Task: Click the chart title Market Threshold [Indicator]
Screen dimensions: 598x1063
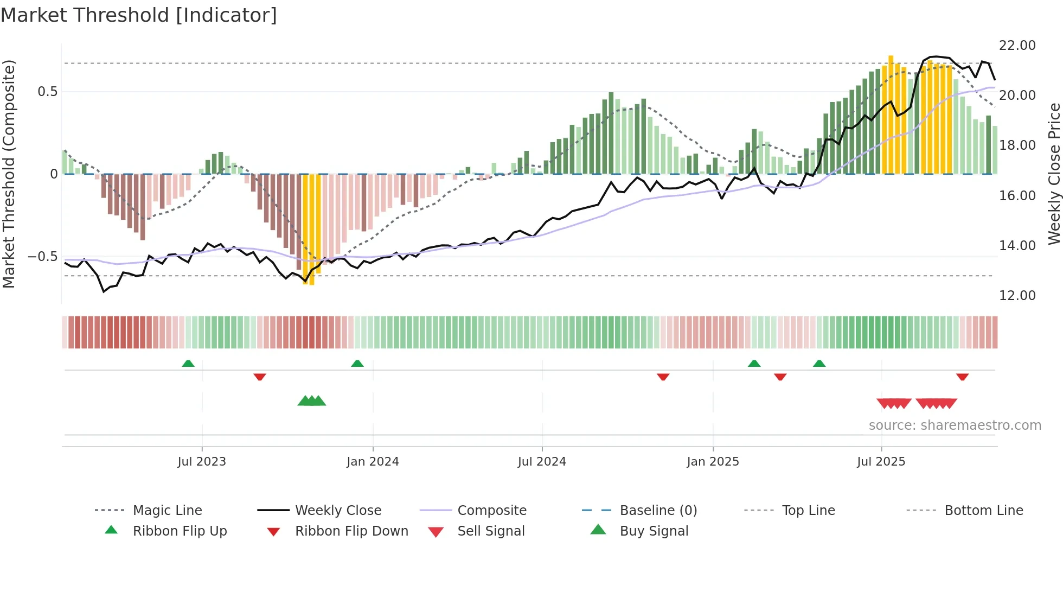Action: click(x=139, y=15)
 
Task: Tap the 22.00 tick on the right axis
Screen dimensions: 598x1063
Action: click(x=1017, y=46)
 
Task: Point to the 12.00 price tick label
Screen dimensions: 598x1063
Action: click(x=1017, y=296)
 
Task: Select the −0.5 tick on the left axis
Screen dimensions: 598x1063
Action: click(x=42, y=256)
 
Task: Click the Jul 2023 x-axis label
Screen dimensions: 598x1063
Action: click(x=202, y=462)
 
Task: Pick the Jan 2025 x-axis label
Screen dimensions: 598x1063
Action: click(x=713, y=462)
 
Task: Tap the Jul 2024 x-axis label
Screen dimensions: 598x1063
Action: click(x=542, y=462)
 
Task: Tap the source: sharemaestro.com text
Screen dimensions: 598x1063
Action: click(x=955, y=425)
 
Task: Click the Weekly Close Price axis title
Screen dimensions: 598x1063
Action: click(x=1054, y=174)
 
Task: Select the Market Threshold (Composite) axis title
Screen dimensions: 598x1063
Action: click(x=9, y=174)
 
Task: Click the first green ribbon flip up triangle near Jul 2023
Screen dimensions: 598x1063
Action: click(x=188, y=364)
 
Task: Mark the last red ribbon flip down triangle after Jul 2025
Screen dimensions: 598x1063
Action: click(x=962, y=377)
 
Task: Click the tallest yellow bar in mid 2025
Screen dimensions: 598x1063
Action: click(x=891, y=114)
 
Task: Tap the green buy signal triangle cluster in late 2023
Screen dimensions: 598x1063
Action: click(x=312, y=401)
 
